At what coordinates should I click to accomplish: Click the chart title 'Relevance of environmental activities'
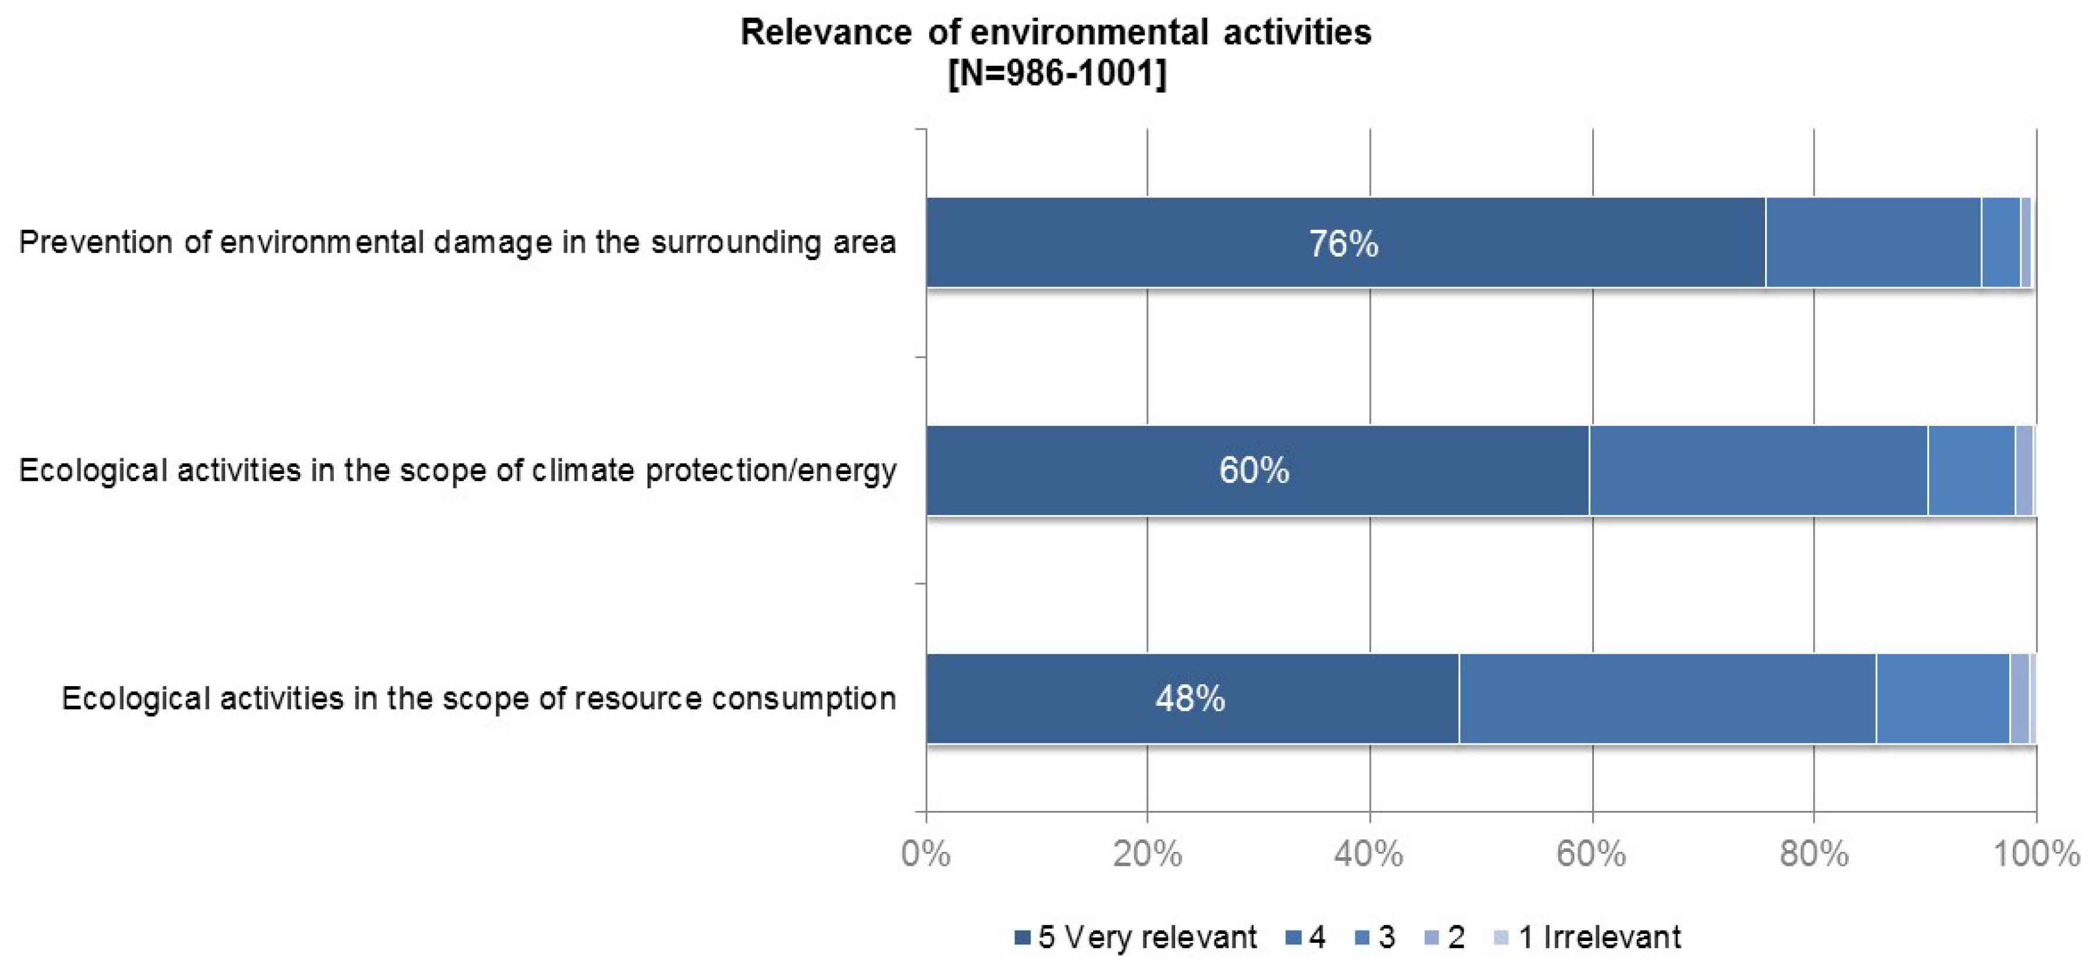pyautogui.click(x=1056, y=33)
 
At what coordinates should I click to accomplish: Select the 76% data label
pyautogui.click(x=1343, y=243)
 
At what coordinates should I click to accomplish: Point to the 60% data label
pyautogui.click(x=1254, y=470)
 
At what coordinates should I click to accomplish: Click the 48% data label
pyautogui.click(x=1190, y=698)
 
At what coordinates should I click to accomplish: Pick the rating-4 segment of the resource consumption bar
pyautogui.click(x=1667, y=698)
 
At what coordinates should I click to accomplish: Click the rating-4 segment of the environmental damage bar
pyautogui.click(x=1873, y=243)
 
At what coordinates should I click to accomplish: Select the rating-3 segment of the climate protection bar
pyautogui.click(x=1971, y=470)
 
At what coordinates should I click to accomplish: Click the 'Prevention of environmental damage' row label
pyautogui.click(x=458, y=243)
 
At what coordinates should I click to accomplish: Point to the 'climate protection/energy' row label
pyautogui.click(x=458, y=470)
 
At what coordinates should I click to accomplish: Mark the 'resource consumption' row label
pyautogui.click(x=479, y=698)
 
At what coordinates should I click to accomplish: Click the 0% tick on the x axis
pyautogui.click(x=926, y=854)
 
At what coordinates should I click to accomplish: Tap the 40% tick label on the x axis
pyautogui.click(x=1370, y=854)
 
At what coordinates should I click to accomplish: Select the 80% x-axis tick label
pyautogui.click(x=1814, y=854)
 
